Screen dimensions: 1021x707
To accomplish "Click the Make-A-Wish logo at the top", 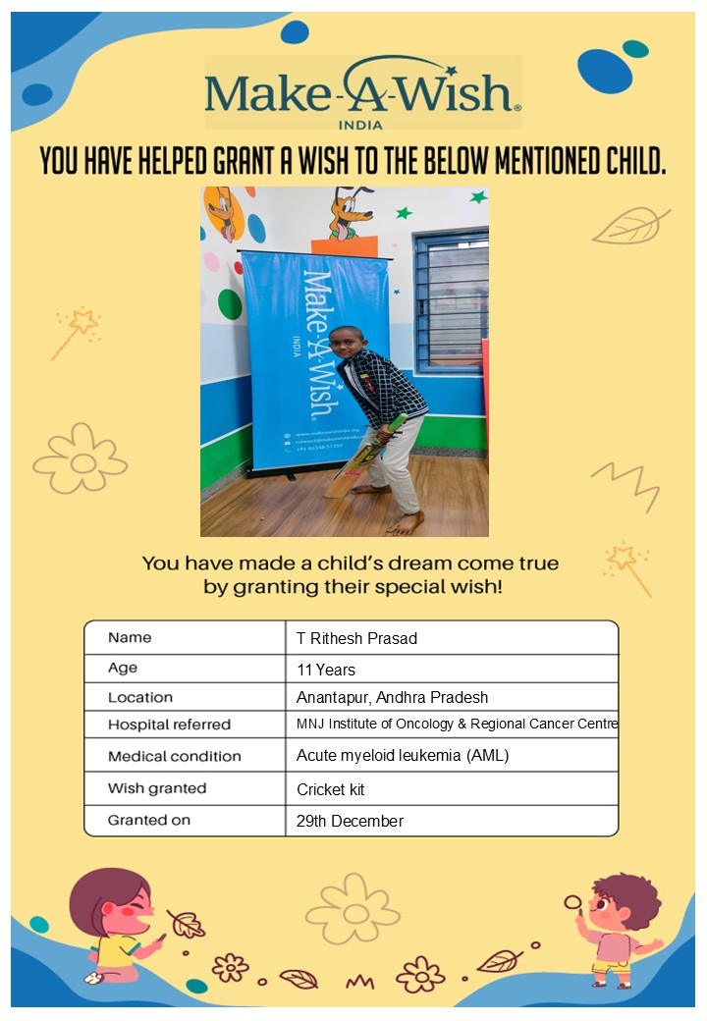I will (x=362, y=93).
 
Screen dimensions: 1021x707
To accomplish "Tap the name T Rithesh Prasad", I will (x=356, y=638).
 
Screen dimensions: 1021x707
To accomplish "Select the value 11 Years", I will (x=326, y=670).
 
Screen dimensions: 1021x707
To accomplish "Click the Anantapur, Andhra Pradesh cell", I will (x=392, y=698).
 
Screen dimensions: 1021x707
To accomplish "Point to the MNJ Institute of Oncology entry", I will (x=457, y=725).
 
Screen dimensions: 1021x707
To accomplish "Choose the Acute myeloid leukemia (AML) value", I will (x=403, y=756).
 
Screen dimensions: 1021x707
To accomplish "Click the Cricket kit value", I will (x=331, y=789).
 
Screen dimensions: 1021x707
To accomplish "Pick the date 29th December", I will (x=350, y=821).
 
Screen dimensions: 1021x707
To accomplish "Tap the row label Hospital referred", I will (x=169, y=725).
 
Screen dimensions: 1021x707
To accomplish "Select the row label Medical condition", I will (x=174, y=756).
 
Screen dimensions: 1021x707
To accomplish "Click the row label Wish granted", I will (x=157, y=788).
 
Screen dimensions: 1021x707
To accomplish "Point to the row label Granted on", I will (x=149, y=820).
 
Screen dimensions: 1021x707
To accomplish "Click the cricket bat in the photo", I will (x=363, y=457).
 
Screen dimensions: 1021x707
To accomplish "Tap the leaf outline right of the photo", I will (x=630, y=226).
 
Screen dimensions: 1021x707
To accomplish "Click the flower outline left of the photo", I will (x=81, y=458).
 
